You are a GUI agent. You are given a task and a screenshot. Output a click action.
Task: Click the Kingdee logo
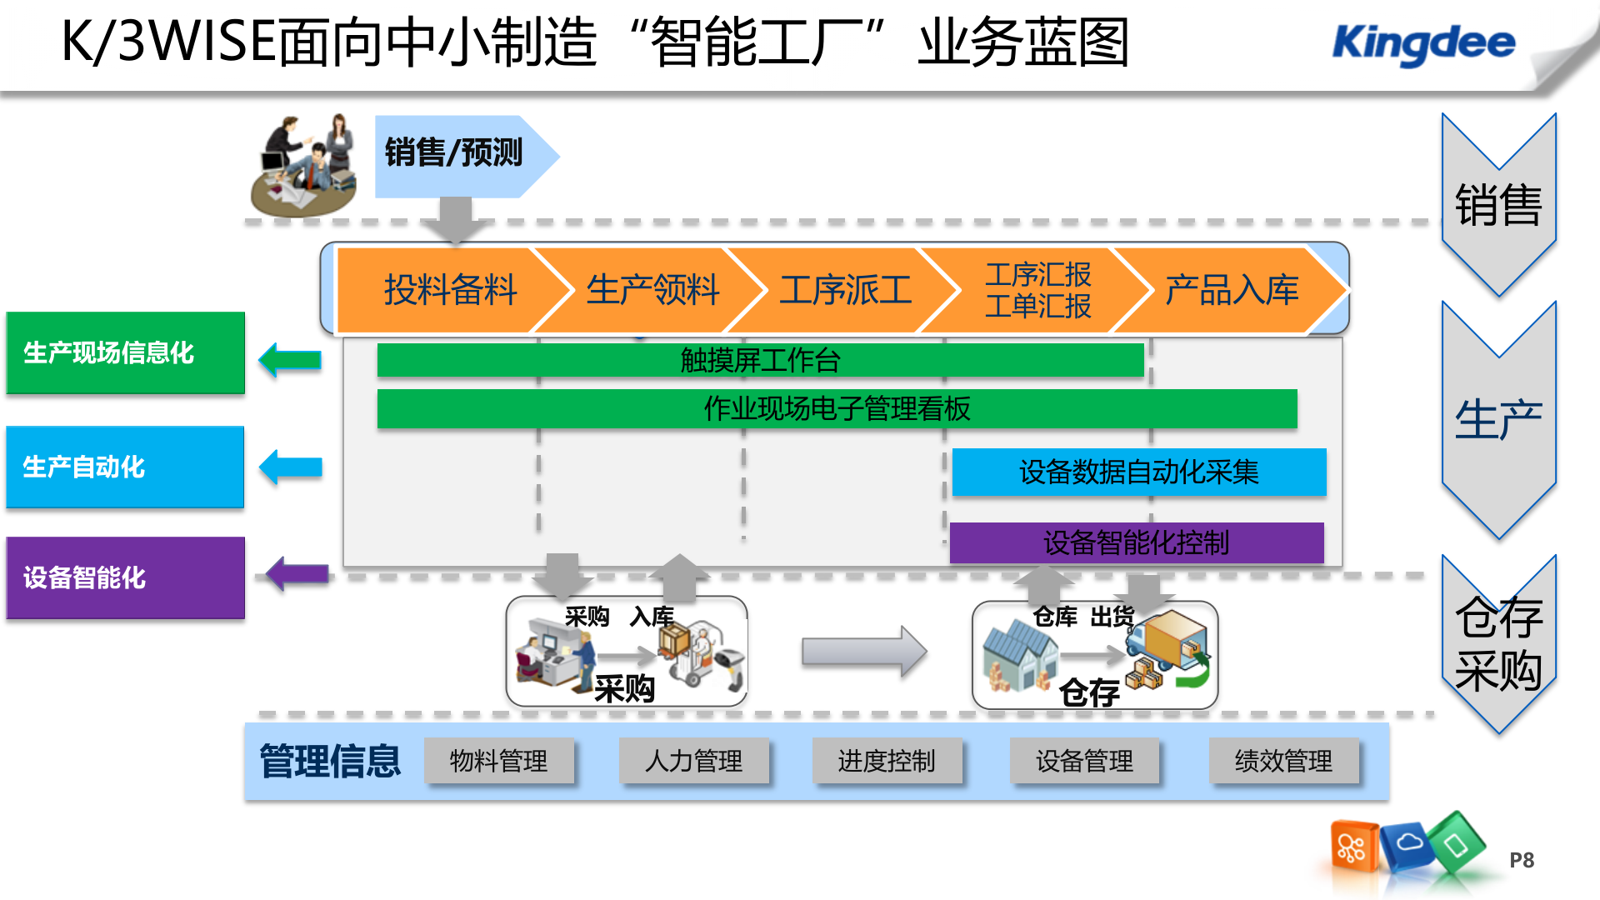[x=1423, y=43]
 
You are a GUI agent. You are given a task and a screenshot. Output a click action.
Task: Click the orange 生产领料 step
[x=652, y=290]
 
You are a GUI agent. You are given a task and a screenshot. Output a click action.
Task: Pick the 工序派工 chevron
[x=845, y=290]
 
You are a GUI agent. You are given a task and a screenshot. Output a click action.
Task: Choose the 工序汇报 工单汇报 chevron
[x=1037, y=290]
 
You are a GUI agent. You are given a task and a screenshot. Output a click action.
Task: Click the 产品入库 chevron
[x=1231, y=290]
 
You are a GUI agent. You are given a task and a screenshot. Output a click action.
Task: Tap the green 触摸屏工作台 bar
[x=760, y=360]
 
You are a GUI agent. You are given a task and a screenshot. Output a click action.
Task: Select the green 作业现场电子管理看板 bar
[x=837, y=408]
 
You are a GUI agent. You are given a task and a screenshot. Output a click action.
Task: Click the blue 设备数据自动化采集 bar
[x=1138, y=472]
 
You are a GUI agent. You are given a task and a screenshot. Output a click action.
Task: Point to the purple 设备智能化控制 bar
[x=1136, y=542]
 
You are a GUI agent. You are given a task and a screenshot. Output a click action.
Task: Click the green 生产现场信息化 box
[x=125, y=352]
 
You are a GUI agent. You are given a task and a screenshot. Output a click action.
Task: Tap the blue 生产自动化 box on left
[x=125, y=467]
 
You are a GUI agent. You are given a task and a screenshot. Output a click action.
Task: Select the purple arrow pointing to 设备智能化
[x=297, y=573]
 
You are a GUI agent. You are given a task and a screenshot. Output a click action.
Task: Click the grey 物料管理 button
[x=498, y=760]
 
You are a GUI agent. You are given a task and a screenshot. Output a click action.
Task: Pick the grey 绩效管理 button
[x=1283, y=760]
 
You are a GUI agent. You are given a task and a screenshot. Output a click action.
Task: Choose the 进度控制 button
[x=887, y=760]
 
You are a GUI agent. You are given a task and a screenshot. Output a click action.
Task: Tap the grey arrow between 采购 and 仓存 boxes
[x=863, y=651]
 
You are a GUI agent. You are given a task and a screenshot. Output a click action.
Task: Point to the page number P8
[x=1521, y=860]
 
